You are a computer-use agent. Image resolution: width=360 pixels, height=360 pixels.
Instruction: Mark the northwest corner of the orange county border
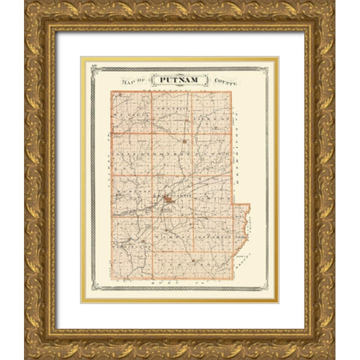click(112, 92)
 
